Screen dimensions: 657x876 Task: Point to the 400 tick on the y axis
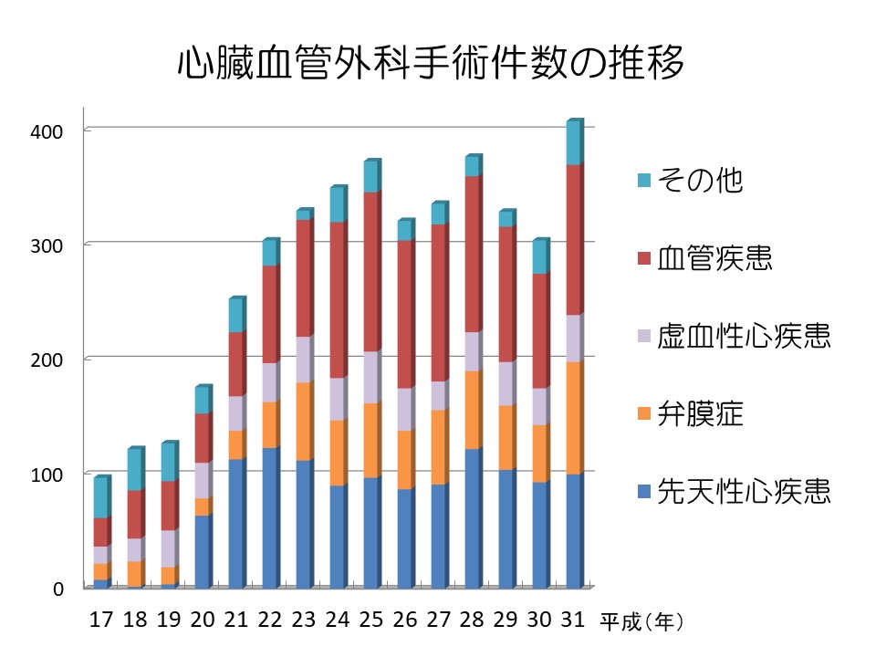coord(45,130)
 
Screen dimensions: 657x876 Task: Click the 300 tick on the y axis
coord(45,245)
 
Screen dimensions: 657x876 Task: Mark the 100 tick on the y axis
coord(45,474)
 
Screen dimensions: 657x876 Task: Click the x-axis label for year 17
coord(101,620)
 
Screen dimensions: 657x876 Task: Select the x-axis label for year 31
coord(574,620)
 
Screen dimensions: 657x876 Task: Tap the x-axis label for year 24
coord(338,620)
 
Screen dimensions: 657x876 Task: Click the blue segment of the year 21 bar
coord(235,524)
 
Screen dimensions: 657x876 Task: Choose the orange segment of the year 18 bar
coord(134,574)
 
